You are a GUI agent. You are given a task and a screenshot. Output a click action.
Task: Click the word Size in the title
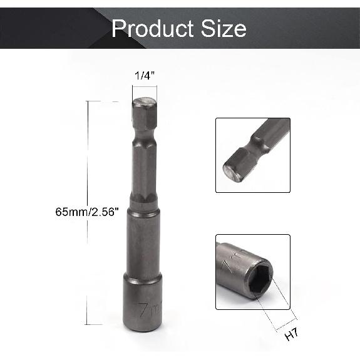click(220, 29)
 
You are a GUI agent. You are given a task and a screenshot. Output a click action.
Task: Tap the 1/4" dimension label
click(145, 76)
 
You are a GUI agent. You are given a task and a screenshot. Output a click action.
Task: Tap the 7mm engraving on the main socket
click(148, 309)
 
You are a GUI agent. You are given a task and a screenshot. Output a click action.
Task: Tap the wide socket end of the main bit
click(145, 304)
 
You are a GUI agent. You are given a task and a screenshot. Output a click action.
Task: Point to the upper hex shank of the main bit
click(144, 169)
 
